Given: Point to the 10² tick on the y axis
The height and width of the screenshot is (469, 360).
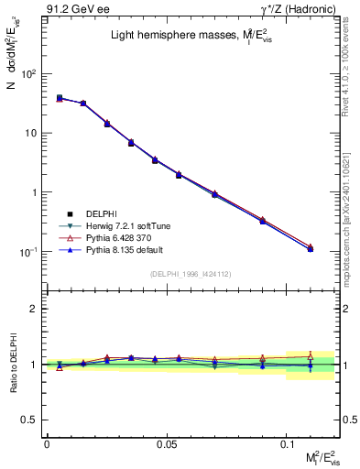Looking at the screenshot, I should [31, 73].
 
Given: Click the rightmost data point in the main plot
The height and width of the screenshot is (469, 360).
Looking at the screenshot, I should [311, 248].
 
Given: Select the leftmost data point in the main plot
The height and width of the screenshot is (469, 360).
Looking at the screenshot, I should [60, 98].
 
